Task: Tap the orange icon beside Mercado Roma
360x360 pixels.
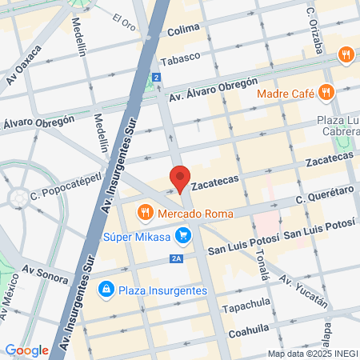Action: [x=145, y=213]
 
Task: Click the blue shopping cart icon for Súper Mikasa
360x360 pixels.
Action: [x=183, y=235]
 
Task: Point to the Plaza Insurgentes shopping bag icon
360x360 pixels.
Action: [x=105, y=288]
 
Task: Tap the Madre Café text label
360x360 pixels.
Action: [x=285, y=93]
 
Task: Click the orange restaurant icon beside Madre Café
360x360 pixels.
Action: [x=326, y=92]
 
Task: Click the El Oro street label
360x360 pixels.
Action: [x=126, y=22]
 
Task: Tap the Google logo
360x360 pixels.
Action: [x=26, y=350]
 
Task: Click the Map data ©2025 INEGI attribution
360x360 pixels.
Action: [x=311, y=354]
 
